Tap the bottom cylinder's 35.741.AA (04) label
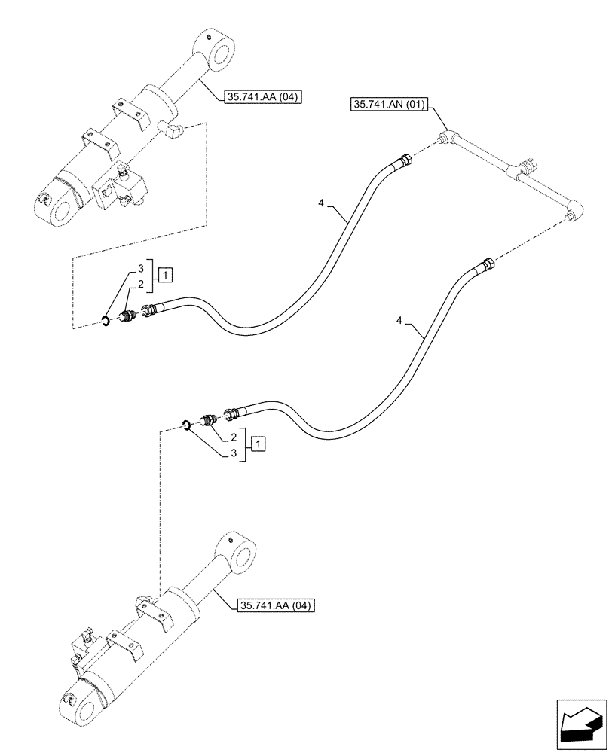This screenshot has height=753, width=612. pyautogui.click(x=276, y=605)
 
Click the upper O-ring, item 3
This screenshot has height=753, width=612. pyautogui.click(x=106, y=323)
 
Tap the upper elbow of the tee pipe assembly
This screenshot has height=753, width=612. pyautogui.click(x=448, y=137)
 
